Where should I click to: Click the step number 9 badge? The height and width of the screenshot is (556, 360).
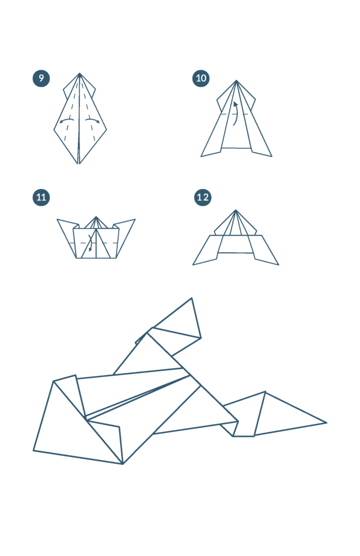(41, 78)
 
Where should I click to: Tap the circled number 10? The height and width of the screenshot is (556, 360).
(201, 78)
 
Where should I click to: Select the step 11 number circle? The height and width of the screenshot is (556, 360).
(41, 197)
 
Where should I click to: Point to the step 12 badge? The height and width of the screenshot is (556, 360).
(203, 197)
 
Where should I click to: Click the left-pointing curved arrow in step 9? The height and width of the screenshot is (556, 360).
(66, 120)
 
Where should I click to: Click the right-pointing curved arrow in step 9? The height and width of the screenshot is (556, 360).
(93, 120)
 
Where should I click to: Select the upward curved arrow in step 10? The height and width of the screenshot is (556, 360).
(235, 113)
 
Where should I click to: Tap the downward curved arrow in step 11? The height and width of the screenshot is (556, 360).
(91, 241)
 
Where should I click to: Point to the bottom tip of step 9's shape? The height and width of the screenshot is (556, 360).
(79, 164)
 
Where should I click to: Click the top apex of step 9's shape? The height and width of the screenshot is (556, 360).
(79, 73)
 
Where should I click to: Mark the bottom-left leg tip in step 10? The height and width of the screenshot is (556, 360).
(201, 156)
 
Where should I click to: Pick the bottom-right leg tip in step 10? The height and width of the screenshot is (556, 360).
(271, 156)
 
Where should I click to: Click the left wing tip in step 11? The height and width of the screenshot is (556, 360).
(57, 219)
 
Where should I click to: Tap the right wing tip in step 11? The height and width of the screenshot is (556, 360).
(135, 219)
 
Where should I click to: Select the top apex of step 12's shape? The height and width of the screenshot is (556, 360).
(236, 210)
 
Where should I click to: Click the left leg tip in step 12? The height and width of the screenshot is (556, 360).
(193, 264)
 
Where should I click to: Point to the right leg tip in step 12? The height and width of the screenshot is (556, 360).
(279, 264)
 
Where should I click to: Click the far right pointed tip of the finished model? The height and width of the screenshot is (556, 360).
(326, 422)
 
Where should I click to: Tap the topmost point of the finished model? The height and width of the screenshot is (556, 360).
(192, 298)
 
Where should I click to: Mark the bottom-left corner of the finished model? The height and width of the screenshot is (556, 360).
(34, 451)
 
